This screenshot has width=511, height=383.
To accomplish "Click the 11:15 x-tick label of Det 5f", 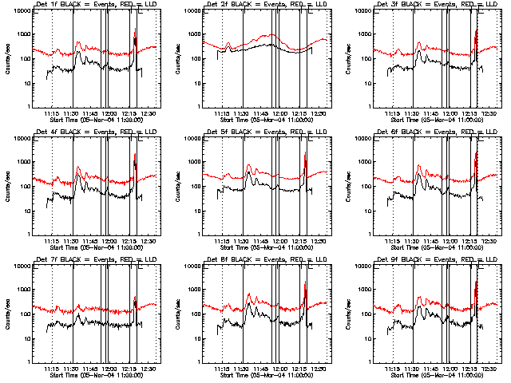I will (x=223, y=241).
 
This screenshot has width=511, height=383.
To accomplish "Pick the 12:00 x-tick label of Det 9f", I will (x=450, y=369).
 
